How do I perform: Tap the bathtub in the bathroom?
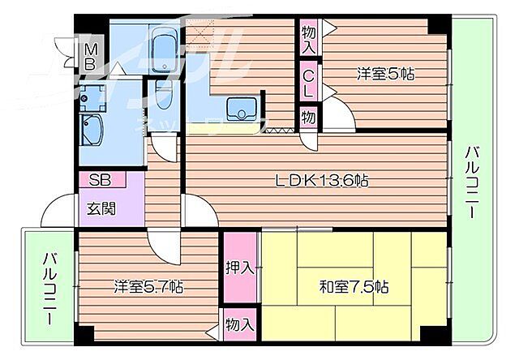(x=166, y=51)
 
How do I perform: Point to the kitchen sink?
(x=241, y=109)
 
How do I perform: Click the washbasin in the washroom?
(x=91, y=128)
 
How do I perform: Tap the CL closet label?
(x=309, y=84)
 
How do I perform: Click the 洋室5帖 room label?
(x=386, y=74)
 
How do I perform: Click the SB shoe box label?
(x=100, y=180)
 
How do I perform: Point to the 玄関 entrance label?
(x=101, y=208)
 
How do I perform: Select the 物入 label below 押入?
(x=240, y=324)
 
